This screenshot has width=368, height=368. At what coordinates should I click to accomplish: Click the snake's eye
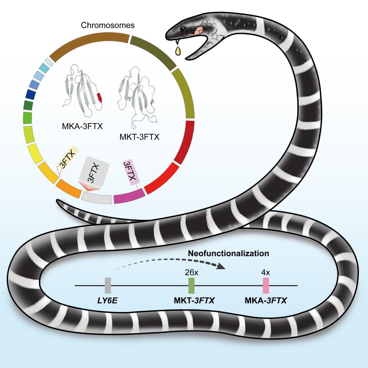(x=182, y=29)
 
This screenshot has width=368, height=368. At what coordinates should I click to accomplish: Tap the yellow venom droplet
(x=179, y=50)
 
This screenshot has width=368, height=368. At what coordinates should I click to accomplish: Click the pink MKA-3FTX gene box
(x=265, y=285)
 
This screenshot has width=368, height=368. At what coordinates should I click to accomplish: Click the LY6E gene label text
(x=108, y=302)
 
